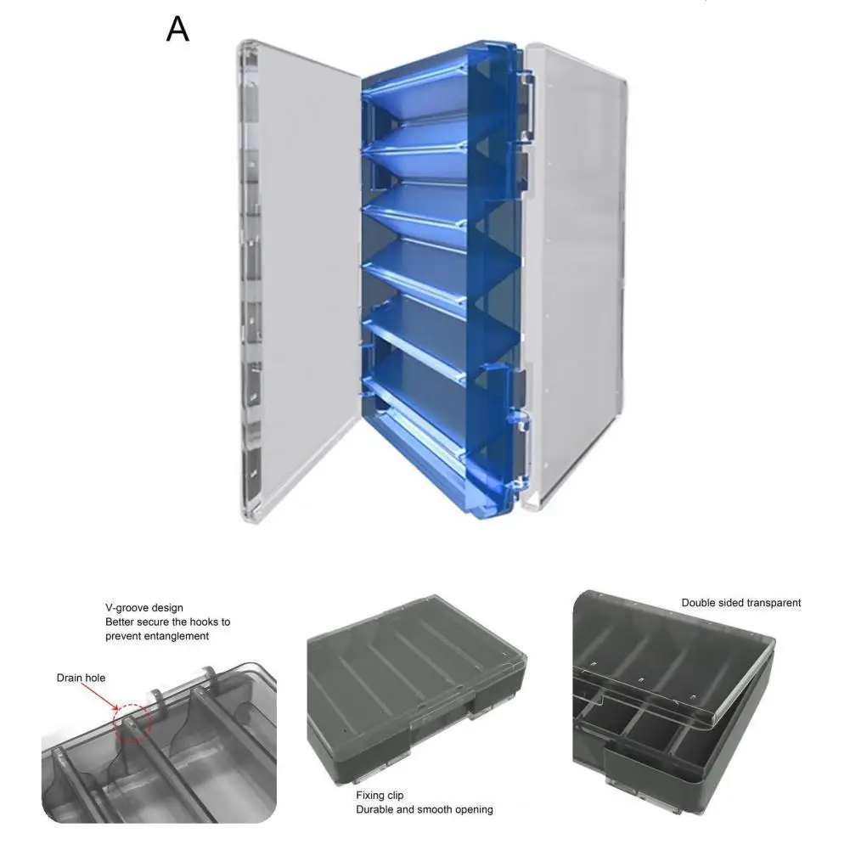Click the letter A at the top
pyautogui.click(x=177, y=29)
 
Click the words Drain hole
pyautogui.click(x=82, y=678)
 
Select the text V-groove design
pyautogui.click(x=144, y=608)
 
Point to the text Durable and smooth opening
pyautogui.click(x=425, y=809)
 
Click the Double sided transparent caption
pyautogui.click(x=740, y=603)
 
